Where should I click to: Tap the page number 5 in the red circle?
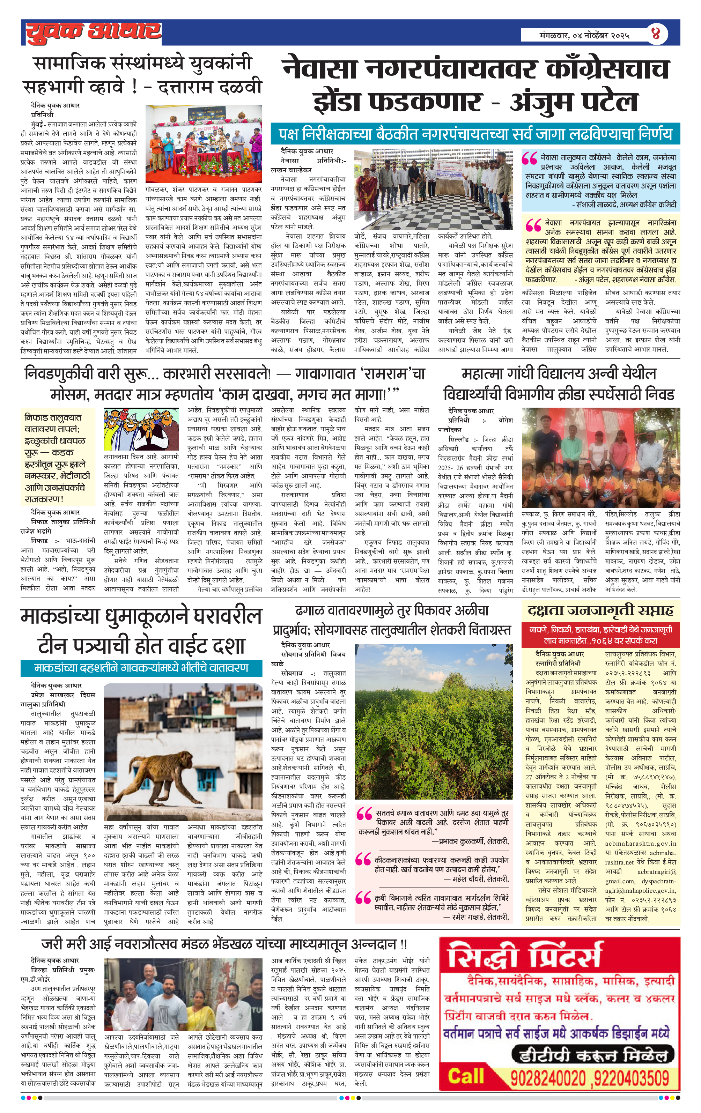[x=656, y=34]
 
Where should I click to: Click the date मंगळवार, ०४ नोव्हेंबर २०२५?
[x=584, y=35]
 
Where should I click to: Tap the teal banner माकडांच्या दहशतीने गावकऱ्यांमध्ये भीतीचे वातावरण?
[x=141, y=668]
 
